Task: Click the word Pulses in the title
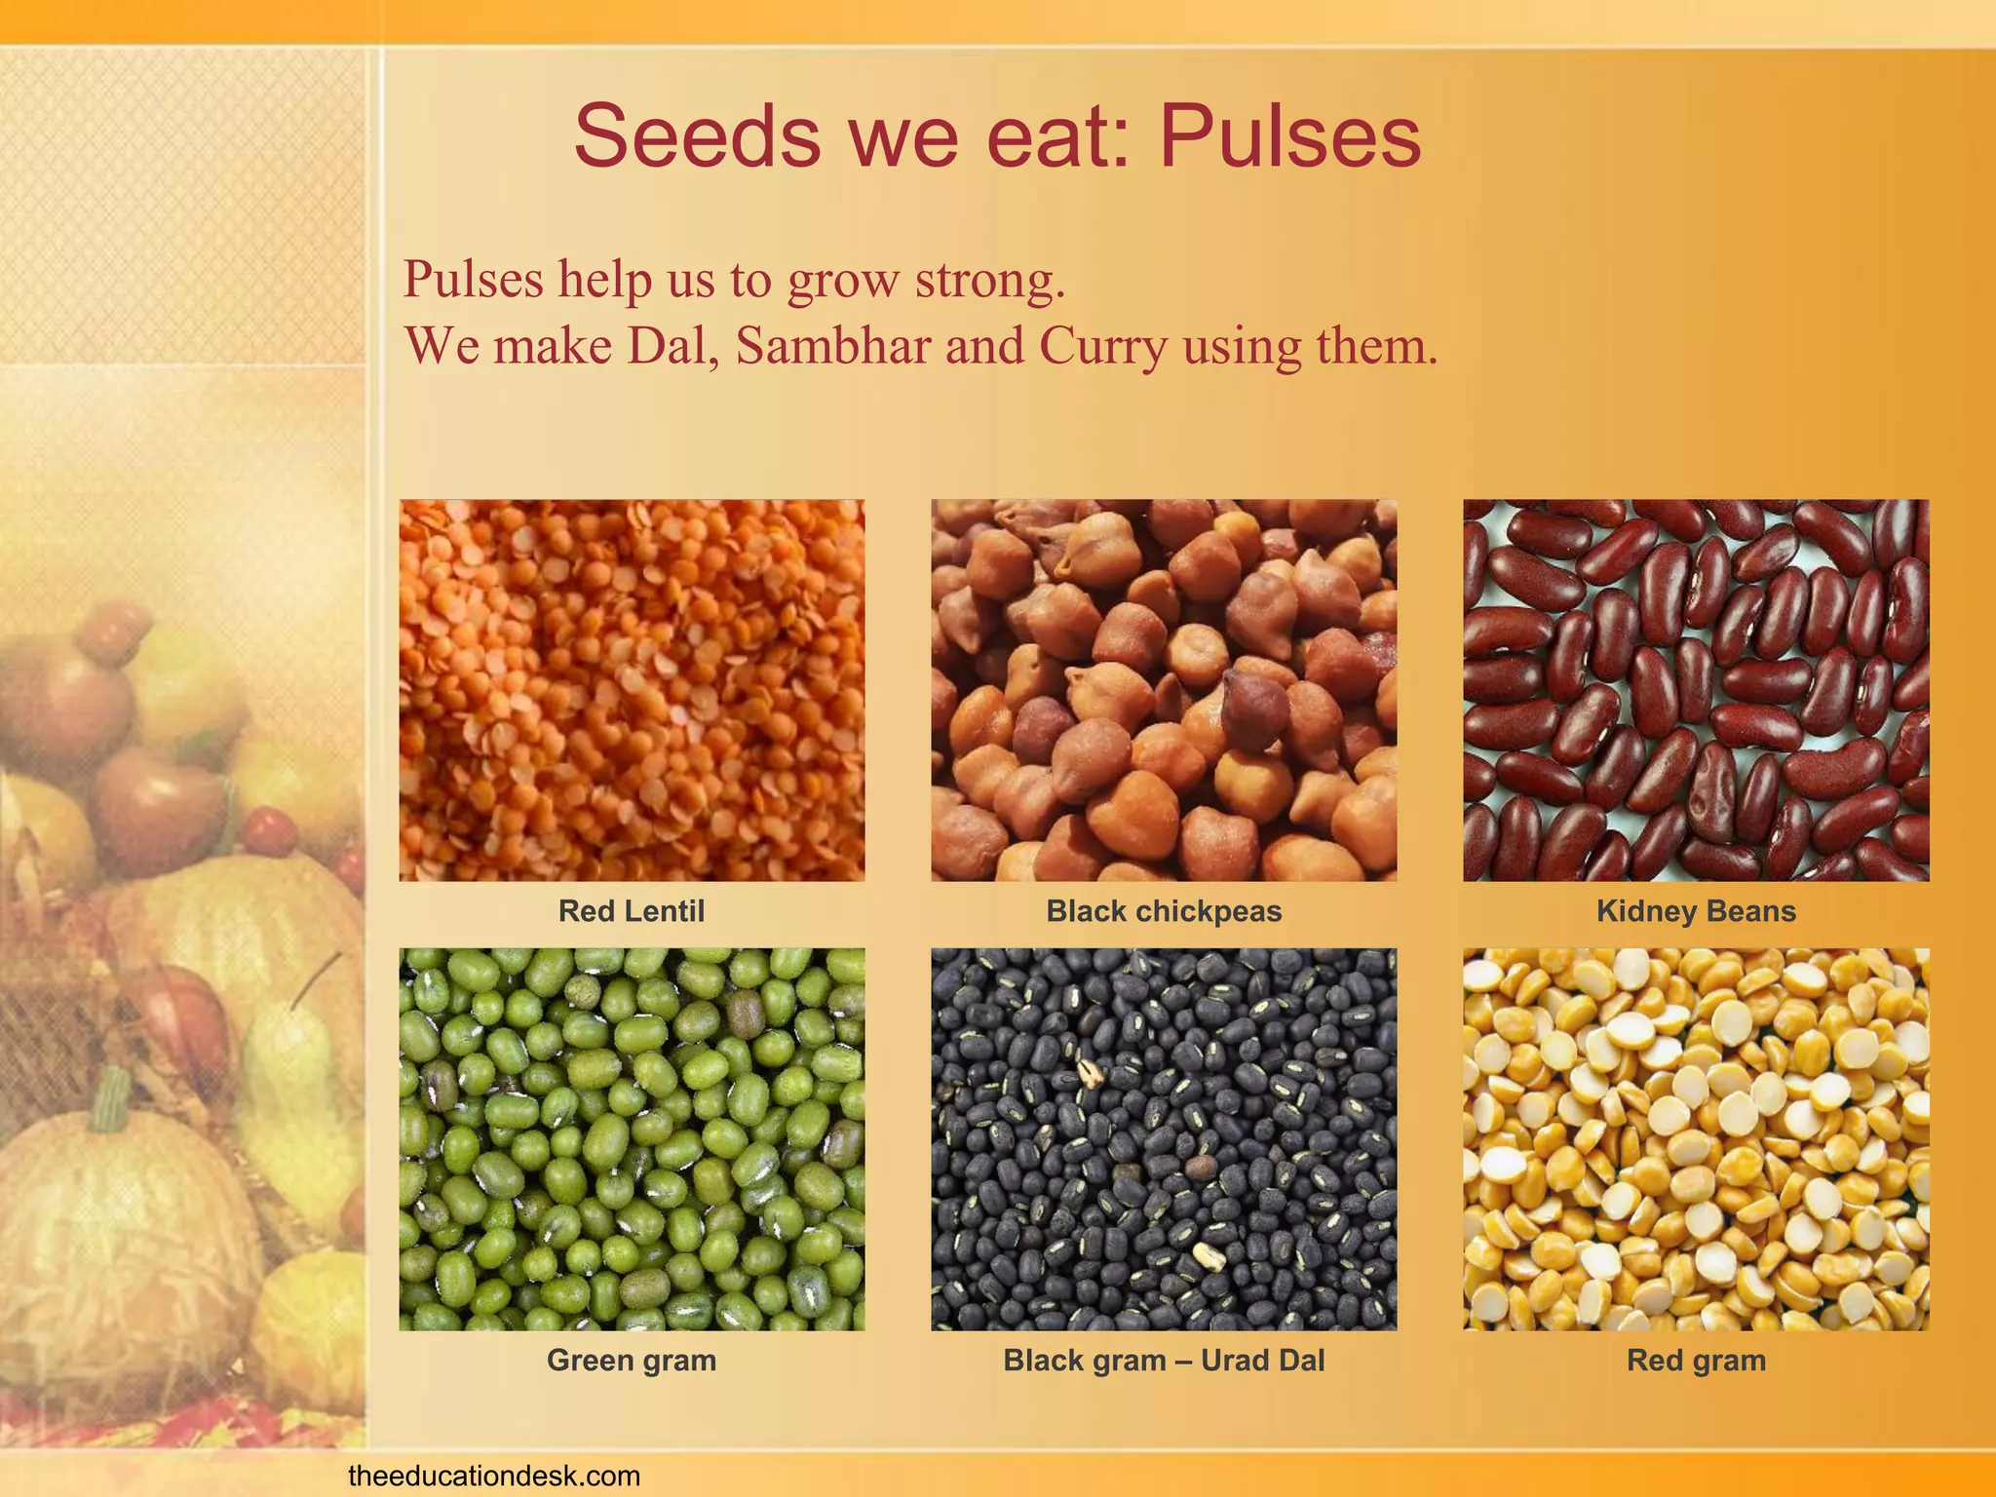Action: click(x=1289, y=136)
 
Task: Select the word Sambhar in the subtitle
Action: click(x=832, y=346)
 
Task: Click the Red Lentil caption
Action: click(x=631, y=911)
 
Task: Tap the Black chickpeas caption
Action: click(x=1164, y=911)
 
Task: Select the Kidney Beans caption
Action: click(x=1696, y=911)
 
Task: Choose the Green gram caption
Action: click(x=631, y=1361)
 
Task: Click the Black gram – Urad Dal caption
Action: click(x=1164, y=1361)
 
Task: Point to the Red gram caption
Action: click(x=1696, y=1361)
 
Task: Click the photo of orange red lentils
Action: click(x=632, y=690)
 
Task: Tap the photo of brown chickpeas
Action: click(x=1164, y=690)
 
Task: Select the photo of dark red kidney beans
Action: click(x=1696, y=690)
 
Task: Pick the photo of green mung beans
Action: click(x=632, y=1139)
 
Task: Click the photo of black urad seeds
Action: click(x=1164, y=1139)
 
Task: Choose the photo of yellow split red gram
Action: click(x=1696, y=1139)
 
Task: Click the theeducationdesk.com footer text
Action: click(x=494, y=1476)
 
